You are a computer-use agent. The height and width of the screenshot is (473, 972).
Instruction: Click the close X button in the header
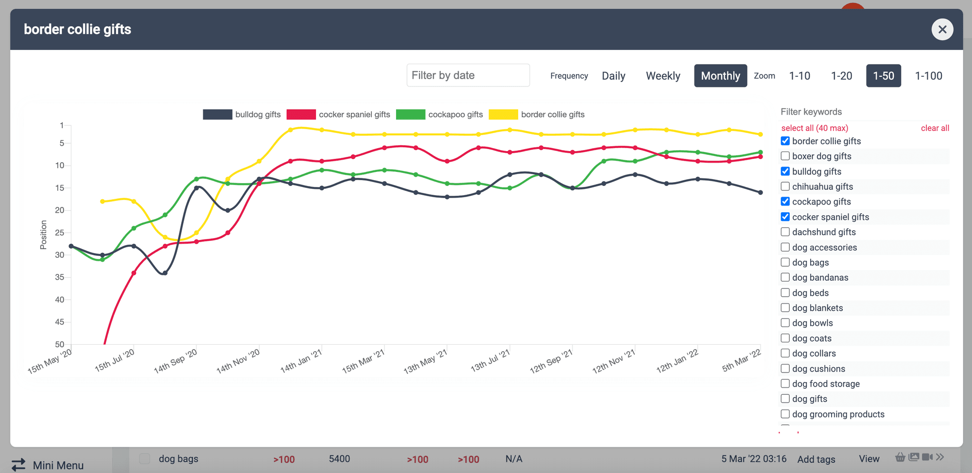942,30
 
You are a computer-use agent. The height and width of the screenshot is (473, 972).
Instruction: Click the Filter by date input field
468,75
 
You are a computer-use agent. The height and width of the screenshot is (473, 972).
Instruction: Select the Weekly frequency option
662,76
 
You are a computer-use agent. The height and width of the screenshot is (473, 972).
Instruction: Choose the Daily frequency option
613,76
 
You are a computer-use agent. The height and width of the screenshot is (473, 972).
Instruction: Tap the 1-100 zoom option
928,76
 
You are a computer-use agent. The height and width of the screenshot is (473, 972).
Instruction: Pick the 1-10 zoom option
799,76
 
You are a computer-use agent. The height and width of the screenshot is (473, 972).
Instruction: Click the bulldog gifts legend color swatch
217,115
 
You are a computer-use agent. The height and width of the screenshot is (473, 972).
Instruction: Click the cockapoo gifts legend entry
455,115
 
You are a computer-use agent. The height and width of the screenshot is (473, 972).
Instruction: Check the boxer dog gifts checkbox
785,156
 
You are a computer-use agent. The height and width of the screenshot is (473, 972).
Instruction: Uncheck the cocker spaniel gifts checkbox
785,217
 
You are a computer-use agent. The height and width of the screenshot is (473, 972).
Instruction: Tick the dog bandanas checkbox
785,277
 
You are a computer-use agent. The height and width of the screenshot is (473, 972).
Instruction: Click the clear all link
935,128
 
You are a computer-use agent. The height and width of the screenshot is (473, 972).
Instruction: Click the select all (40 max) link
815,128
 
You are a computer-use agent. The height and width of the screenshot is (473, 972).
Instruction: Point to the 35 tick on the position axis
59,277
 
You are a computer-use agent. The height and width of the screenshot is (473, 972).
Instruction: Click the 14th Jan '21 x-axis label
301,362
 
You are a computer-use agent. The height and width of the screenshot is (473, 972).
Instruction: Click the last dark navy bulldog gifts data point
761,192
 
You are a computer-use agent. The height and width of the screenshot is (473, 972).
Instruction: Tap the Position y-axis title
43,235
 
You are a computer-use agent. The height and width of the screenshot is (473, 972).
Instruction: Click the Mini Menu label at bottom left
58,465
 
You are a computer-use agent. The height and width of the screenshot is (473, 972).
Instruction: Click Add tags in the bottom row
816,459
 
